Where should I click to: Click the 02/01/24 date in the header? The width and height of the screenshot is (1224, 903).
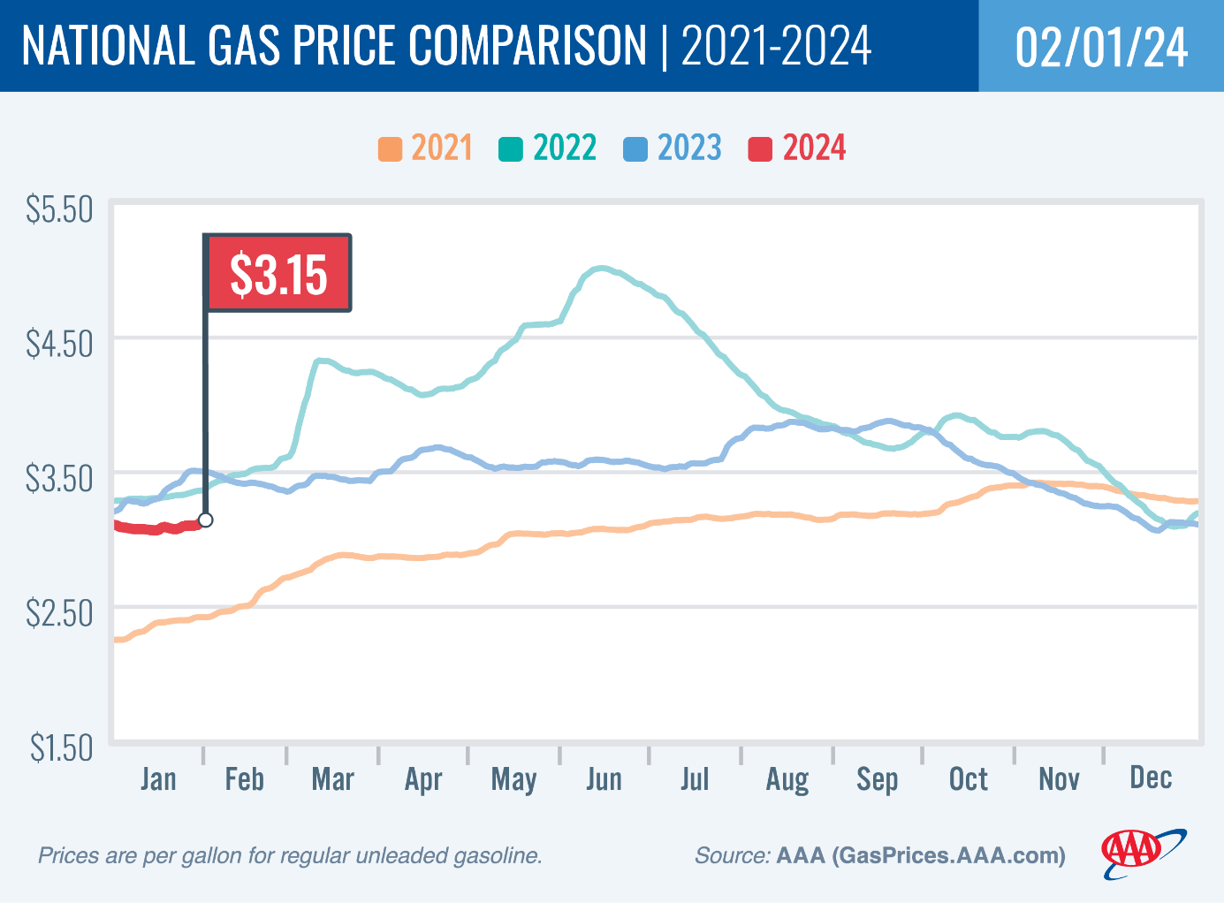(x=1101, y=47)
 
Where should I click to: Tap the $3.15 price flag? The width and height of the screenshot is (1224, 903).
(x=278, y=274)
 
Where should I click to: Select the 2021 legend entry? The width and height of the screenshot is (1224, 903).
(x=427, y=148)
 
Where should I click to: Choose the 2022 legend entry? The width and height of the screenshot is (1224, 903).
(x=549, y=148)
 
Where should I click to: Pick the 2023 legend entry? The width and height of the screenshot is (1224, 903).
(x=673, y=148)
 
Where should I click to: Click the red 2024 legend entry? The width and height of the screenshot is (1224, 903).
(x=798, y=148)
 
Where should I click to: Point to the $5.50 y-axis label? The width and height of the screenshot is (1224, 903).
(x=59, y=210)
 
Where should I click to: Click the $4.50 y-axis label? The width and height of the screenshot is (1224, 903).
(x=59, y=344)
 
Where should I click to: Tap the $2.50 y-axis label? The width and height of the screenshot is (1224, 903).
(x=59, y=612)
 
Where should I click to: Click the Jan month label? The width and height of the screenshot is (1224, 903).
(x=158, y=779)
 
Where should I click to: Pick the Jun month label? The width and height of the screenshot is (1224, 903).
(x=604, y=779)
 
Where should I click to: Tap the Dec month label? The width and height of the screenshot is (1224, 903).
(x=1151, y=778)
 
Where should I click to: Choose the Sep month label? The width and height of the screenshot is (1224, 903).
(x=877, y=779)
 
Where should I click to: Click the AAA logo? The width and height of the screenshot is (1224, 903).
(x=1143, y=852)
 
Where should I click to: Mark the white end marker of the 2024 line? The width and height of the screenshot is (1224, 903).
(x=206, y=520)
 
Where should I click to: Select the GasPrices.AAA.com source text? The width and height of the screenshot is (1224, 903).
(x=949, y=855)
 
